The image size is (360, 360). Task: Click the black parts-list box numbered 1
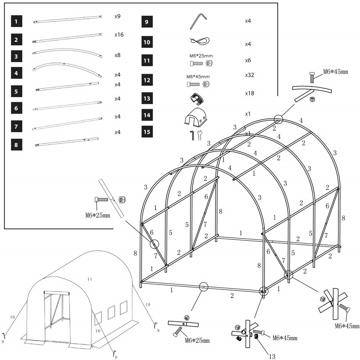(16, 22)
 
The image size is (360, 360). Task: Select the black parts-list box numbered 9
(146, 22)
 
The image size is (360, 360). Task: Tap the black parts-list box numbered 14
(146, 115)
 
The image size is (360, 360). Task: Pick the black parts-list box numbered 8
(16, 145)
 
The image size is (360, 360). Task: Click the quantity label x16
(119, 35)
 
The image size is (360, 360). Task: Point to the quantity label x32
(249, 76)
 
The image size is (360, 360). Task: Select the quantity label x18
(249, 93)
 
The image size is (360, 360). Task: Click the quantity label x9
(117, 17)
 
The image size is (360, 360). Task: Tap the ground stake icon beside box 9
(197, 22)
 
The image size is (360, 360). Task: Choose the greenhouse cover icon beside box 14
(196, 117)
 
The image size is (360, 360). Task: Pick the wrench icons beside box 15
(195, 135)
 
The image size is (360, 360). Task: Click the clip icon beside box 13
(197, 98)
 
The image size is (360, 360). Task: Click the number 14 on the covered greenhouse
(90, 279)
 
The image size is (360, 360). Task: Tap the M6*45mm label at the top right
(336, 72)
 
